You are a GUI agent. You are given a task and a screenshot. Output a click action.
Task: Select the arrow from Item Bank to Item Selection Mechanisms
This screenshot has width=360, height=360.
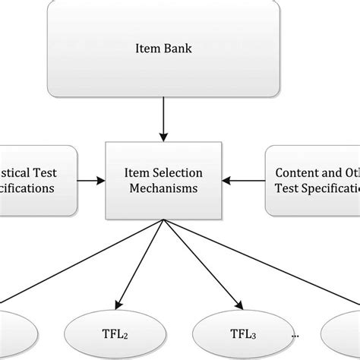point(163,122)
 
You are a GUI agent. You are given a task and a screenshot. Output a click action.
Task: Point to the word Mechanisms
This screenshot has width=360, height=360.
point(164,188)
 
